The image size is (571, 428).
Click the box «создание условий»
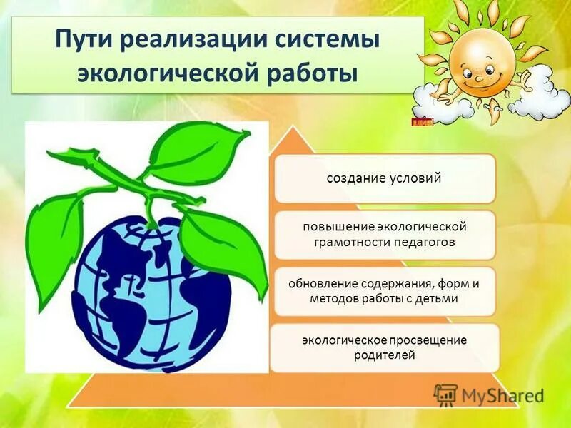tap(384, 178)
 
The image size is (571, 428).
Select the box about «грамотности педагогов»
tap(384, 234)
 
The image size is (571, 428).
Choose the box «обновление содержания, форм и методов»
tap(384, 291)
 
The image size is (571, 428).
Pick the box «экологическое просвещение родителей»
tap(384, 347)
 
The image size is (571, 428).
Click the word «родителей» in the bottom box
tap(384, 355)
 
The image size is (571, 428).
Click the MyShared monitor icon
tap(445, 395)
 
